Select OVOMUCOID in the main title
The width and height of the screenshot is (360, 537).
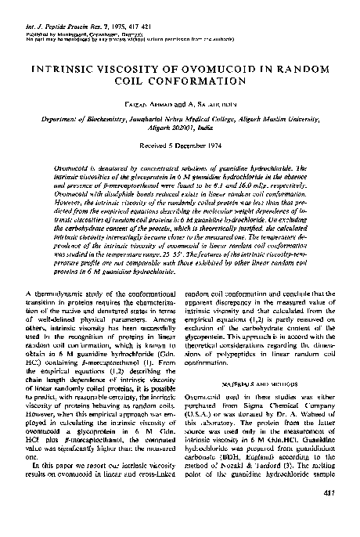(205, 69)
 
